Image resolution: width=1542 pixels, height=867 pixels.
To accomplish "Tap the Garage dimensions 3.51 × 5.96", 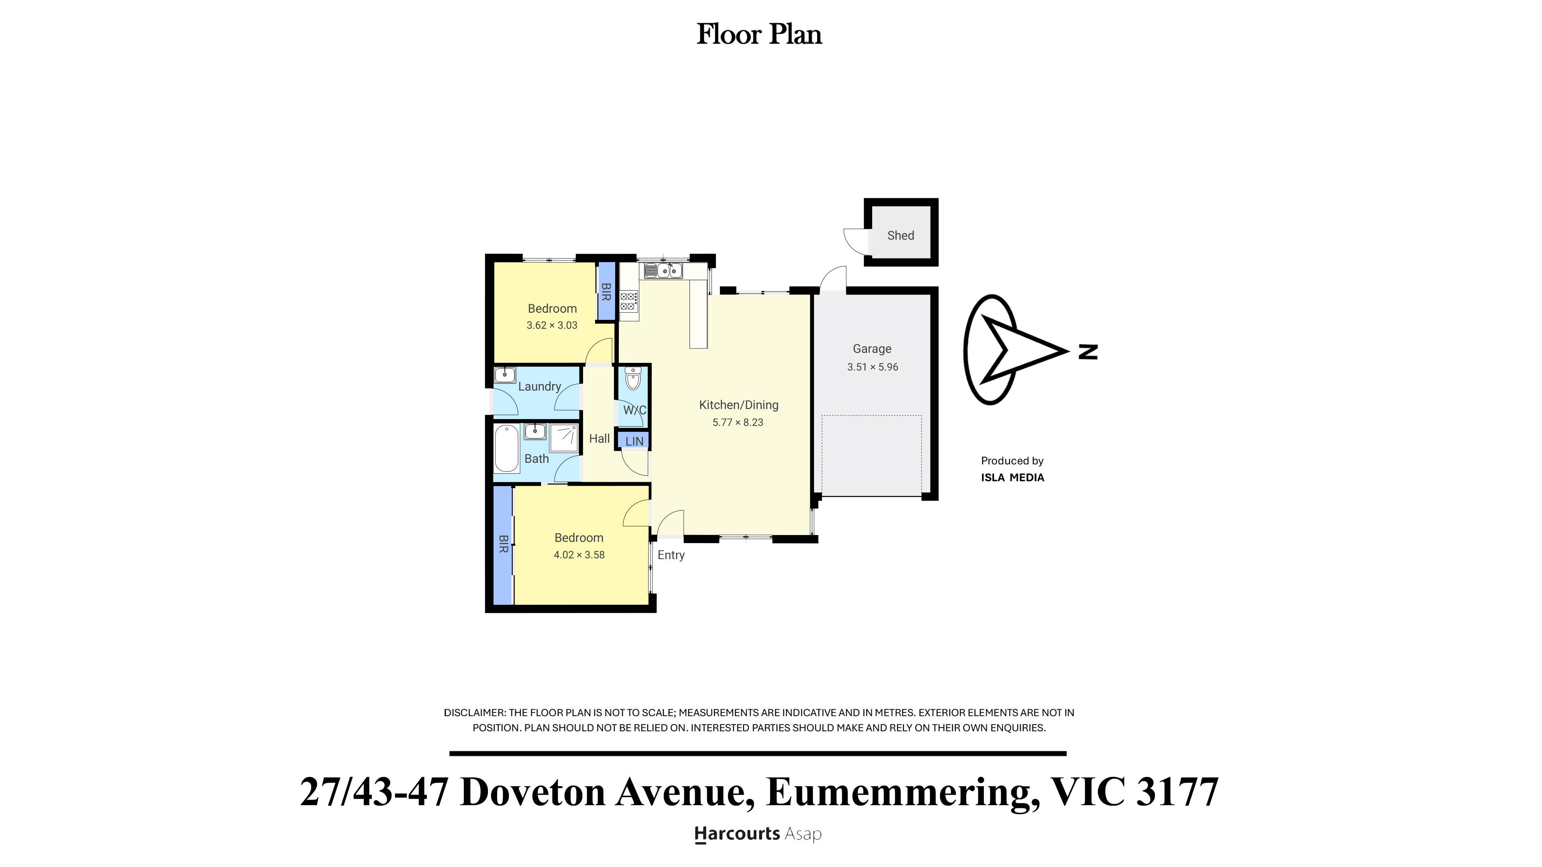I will (872, 367).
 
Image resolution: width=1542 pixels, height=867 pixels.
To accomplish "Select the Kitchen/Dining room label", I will (738, 405).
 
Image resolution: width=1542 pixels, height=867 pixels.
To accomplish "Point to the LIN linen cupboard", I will (634, 441).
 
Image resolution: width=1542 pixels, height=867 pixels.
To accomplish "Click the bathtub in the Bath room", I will (506, 448).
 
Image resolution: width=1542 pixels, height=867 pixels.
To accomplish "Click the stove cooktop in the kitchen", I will (628, 301).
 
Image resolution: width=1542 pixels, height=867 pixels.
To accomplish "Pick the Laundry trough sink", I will (505, 375).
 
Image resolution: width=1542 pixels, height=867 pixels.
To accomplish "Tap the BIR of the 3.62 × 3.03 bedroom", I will (606, 292).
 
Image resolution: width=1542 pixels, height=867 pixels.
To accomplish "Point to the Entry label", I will (671, 555).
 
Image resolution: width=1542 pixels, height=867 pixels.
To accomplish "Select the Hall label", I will (599, 439).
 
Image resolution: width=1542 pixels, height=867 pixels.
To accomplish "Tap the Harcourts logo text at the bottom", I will (736, 834).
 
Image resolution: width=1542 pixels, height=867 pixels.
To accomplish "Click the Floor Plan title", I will (759, 34).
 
